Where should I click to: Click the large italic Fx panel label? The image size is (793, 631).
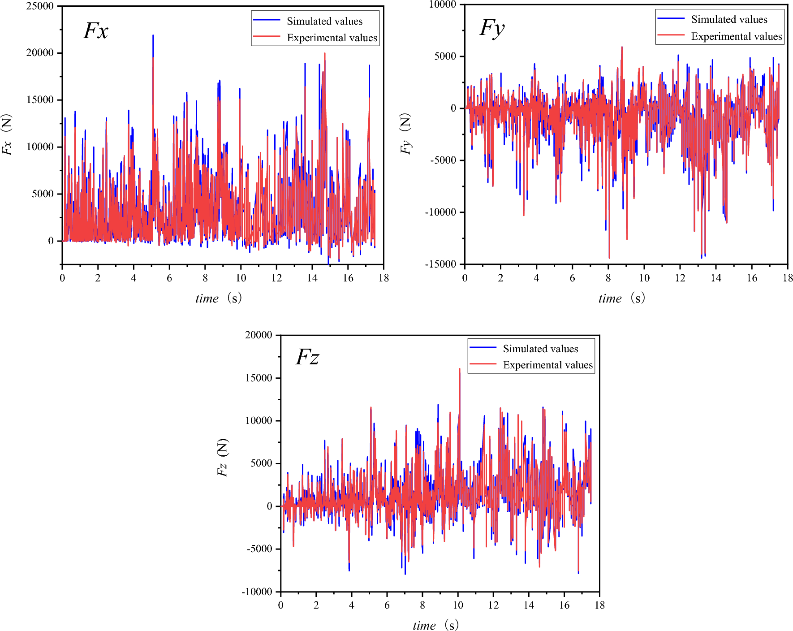(x=96, y=31)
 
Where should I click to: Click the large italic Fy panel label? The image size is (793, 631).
(x=492, y=29)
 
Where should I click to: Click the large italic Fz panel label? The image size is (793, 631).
(x=307, y=357)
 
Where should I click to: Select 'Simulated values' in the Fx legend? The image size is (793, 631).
(x=324, y=21)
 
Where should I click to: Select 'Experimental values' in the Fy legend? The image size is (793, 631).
(x=736, y=36)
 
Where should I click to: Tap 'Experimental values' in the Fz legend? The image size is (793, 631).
(x=547, y=365)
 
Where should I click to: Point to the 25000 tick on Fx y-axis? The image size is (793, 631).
(x=40, y=6)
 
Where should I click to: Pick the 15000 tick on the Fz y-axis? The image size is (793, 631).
(x=259, y=378)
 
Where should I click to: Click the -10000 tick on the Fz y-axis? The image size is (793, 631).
(x=257, y=592)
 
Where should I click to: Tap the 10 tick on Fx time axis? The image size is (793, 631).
(x=241, y=278)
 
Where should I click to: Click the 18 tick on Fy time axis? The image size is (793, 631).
(x=787, y=278)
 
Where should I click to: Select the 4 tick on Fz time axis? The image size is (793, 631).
(x=351, y=605)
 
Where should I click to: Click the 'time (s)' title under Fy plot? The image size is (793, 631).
(x=621, y=298)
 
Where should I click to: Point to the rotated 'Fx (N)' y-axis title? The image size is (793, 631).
(x=7, y=134)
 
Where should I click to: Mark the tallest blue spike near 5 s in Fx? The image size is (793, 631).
(x=153, y=36)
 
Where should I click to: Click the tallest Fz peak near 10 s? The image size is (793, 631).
(x=459, y=369)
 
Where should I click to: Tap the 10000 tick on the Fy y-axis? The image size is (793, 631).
(x=443, y=4)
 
